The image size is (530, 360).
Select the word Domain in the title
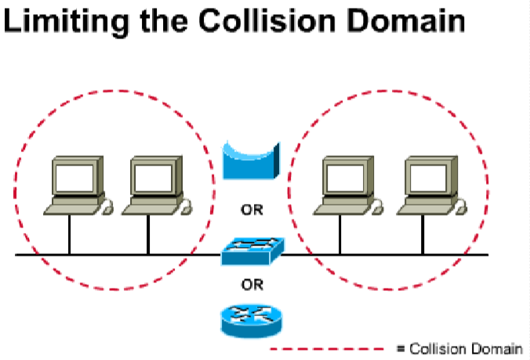click(400, 21)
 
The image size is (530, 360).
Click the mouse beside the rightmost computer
click(461, 207)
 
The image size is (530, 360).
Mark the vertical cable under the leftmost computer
click(69, 235)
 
